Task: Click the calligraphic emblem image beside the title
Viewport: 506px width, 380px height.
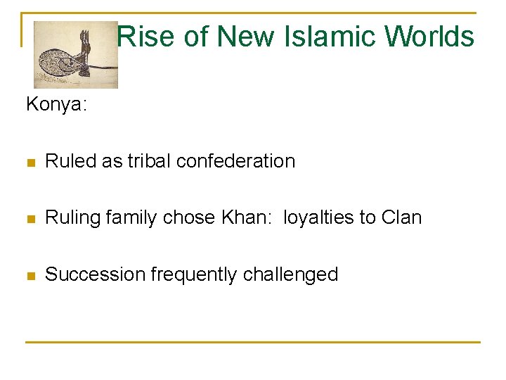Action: point(75,55)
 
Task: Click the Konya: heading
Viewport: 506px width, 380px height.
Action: point(56,105)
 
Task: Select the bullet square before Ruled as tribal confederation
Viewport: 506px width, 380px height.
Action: point(30,162)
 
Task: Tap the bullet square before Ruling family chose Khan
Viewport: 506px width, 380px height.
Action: point(30,219)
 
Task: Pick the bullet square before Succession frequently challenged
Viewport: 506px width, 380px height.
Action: point(30,275)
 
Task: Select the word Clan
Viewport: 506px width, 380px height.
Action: point(402,217)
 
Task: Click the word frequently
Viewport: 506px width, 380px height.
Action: point(187,274)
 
